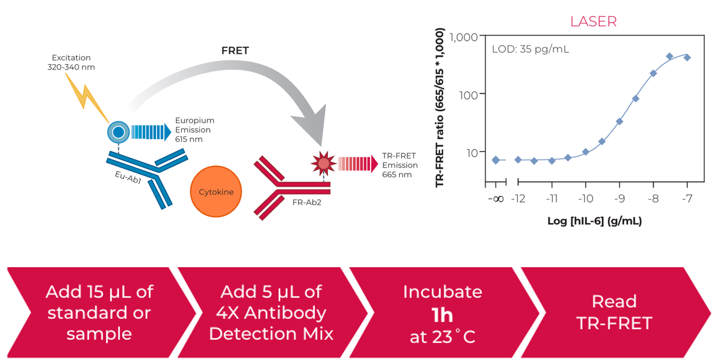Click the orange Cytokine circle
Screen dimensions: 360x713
(216, 192)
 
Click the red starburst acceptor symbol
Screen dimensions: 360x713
(323, 162)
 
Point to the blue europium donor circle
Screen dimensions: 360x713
(118, 132)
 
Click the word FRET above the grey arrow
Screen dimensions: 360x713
(235, 51)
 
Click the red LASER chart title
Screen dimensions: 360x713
(593, 22)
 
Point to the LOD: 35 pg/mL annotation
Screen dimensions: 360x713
(530, 49)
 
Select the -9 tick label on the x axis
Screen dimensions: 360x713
(619, 199)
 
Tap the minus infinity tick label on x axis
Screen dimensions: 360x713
(496, 199)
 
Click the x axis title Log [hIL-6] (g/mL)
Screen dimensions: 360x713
(594, 221)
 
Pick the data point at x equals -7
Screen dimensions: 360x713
(687, 57)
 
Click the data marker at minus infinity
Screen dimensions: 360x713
(496, 160)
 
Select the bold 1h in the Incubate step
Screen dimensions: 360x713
(442, 316)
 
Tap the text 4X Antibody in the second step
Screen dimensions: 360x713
(271, 313)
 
